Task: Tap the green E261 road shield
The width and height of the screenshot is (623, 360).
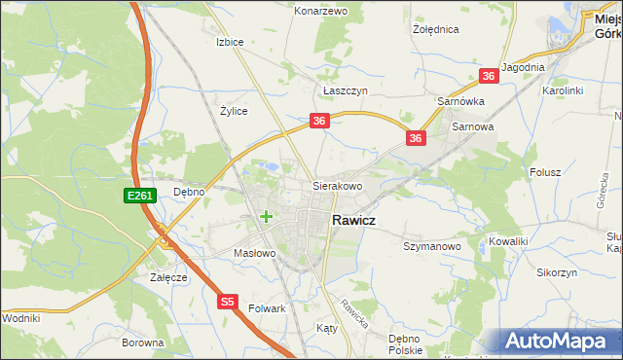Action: [139, 197]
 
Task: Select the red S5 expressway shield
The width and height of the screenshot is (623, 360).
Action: [227, 303]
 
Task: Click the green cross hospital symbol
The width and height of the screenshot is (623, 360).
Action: [265, 216]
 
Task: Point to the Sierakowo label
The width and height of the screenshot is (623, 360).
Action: [337, 185]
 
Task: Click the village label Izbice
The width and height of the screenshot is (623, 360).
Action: [230, 43]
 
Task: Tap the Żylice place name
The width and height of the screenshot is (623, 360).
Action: [234, 111]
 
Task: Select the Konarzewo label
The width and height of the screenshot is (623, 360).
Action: [320, 11]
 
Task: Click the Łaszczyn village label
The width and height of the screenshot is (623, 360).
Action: [343, 90]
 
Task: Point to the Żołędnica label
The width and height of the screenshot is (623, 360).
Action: [434, 29]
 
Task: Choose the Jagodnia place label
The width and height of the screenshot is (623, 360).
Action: [523, 67]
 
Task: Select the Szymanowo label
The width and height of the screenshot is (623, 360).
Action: [431, 247]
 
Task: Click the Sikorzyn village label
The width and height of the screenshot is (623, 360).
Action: [556, 273]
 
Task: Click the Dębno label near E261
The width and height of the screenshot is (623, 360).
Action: [189, 192]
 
